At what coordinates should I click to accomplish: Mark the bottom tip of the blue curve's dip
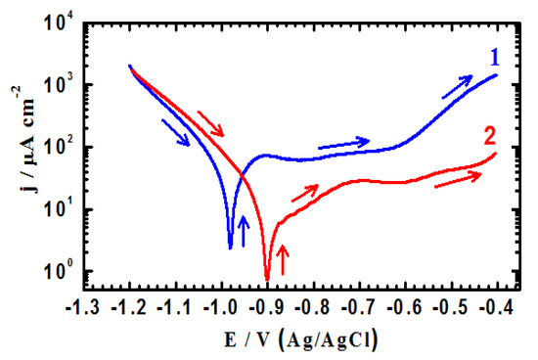click(231, 247)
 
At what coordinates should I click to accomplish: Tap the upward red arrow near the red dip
click(284, 260)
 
